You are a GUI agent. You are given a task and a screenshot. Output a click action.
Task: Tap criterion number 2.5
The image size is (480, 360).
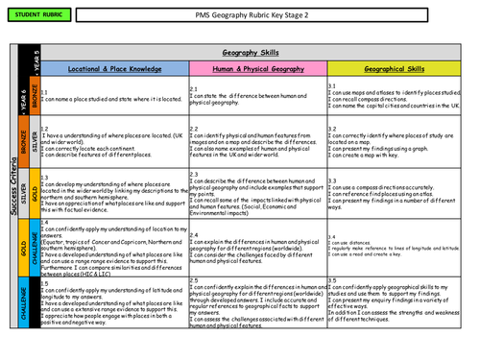pyautogui.click(x=194, y=279)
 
